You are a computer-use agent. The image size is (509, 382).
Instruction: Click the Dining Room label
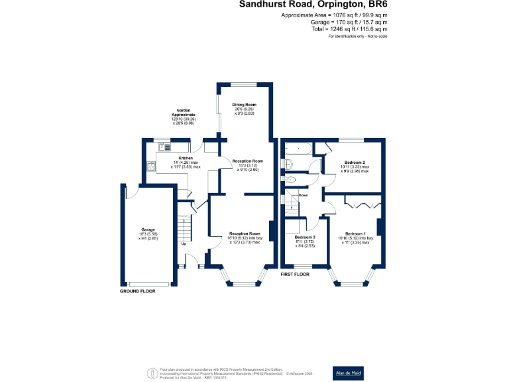click(244, 105)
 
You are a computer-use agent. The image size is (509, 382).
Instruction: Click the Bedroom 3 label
click(305, 237)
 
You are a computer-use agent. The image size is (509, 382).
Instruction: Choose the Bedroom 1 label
click(357, 233)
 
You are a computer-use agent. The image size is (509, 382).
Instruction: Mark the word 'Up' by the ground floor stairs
click(184, 244)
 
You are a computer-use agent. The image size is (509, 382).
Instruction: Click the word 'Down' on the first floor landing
click(303, 196)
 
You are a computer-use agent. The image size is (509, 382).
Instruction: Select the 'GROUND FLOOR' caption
click(138, 292)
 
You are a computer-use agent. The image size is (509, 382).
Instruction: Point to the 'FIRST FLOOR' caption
click(296, 274)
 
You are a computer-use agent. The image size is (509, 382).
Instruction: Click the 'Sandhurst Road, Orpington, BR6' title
click(313, 5)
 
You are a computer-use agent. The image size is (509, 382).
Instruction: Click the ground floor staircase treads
click(184, 225)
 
